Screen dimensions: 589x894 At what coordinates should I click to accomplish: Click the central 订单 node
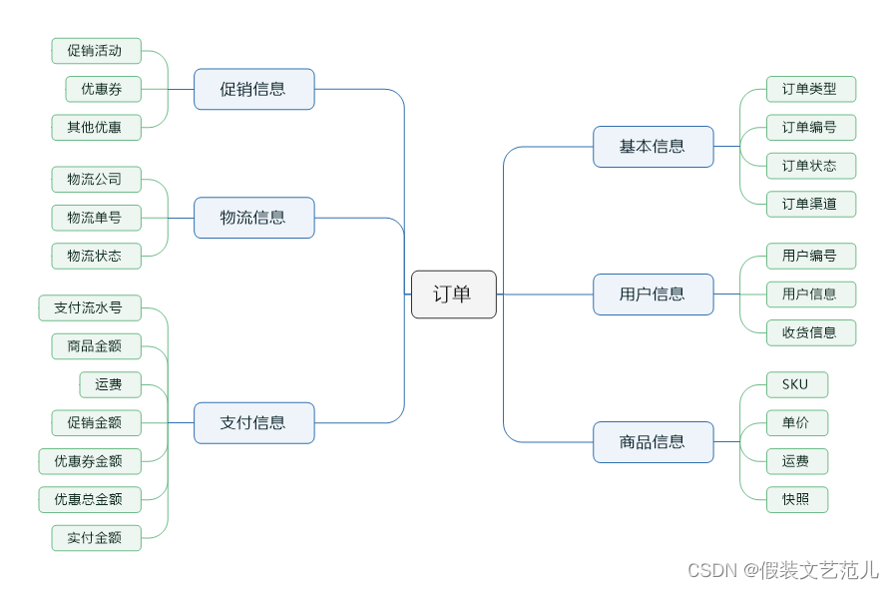[453, 294]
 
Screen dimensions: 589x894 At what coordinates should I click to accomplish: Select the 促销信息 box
[253, 89]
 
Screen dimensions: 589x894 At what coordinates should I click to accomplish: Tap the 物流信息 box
[253, 218]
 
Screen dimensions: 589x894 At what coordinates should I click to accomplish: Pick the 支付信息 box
[253, 423]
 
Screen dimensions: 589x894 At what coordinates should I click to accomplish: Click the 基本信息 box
[653, 147]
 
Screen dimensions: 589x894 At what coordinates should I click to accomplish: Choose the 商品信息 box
[653, 442]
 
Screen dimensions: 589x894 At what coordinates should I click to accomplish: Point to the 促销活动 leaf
[96, 51]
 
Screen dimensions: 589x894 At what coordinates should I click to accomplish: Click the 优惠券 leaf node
[103, 89]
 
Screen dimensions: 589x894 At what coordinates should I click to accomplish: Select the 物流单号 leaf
[96, 218]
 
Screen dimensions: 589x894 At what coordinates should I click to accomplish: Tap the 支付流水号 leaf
[89, 307]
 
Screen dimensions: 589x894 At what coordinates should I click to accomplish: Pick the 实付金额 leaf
[96, 538]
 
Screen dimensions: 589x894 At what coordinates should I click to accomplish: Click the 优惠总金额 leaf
[89, 499]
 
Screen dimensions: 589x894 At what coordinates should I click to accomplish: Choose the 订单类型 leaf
[810, 89]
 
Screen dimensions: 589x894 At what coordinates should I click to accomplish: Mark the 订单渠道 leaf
[810, 205]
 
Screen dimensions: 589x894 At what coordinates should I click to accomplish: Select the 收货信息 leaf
[810, 332]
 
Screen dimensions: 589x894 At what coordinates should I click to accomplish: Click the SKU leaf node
[796, 384]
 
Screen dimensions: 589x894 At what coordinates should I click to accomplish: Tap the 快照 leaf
[796, 500]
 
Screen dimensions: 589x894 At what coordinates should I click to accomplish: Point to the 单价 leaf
[796, 423]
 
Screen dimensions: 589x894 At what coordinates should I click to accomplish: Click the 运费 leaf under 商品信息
[796, 461]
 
